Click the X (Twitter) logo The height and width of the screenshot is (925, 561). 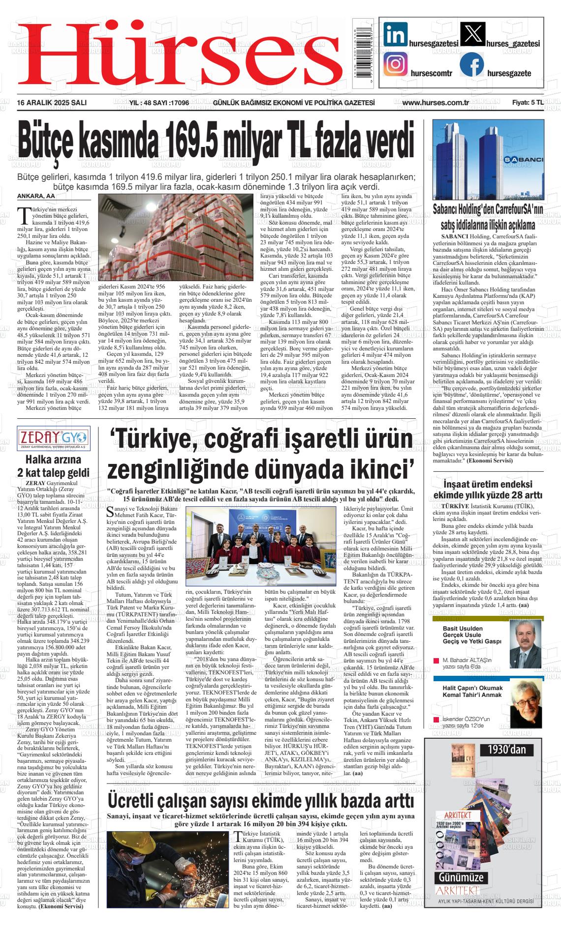472,34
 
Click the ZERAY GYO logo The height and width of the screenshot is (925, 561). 53,436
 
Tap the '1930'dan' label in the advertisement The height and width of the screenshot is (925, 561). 506,750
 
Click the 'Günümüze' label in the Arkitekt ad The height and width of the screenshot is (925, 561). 462,877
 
